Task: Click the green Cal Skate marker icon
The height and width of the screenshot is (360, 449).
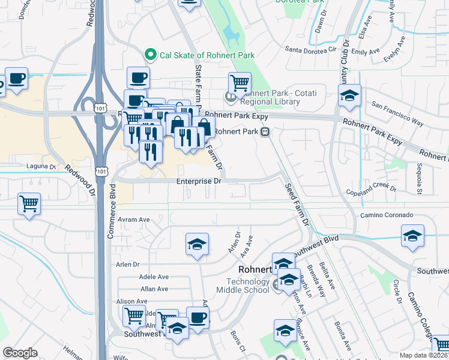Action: pyautogui.click(x=151, y=55)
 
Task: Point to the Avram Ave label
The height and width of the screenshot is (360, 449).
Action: pyautogui.click(x=133, y=220)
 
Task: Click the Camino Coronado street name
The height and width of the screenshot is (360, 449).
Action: pyautogui.click(x=387, y=215)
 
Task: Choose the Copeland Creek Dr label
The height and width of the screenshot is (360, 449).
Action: pyautogui.click(x=372, y=191)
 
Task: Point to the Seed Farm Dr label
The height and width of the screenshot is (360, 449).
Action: pyautogui.click(x=297, y=204)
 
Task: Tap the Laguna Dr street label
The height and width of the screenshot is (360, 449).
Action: pyautogui.click(x=41, y=166)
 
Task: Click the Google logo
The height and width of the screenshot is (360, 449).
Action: pyautogui.click(x=20, y=352)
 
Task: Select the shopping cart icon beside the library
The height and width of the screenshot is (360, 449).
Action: pyautogui.click(x=240, y=82)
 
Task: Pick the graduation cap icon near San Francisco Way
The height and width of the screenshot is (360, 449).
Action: pyautogui.click(x=349, y=95)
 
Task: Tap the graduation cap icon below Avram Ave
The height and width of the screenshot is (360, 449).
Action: pyautogui.click(x=197, y=244)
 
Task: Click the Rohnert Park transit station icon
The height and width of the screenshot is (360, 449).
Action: pyautogui.click(x=265, y=133)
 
